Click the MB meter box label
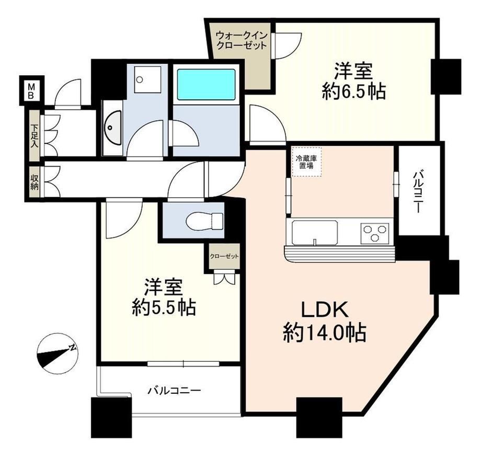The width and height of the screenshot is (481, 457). (x=31, y=91)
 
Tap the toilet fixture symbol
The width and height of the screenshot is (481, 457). (x=204, y=221)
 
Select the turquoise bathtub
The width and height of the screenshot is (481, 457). (x=206, y=84)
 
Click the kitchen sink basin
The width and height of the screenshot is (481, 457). (x=315, y=233)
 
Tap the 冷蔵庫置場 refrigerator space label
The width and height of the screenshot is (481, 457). (x=306, y=162)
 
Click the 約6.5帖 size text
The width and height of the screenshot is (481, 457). (x=353, y=91)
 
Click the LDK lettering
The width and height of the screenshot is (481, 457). (x=325, y=309)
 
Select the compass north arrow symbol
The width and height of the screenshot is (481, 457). (x=57, y=355)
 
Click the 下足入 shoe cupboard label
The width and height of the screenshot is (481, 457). (x=35, y=135)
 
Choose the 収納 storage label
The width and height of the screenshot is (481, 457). (x=35, y=182)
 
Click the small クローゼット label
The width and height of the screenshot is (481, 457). (x=224, y=256)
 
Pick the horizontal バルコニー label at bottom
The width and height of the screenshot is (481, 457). (x=175, y=391)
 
